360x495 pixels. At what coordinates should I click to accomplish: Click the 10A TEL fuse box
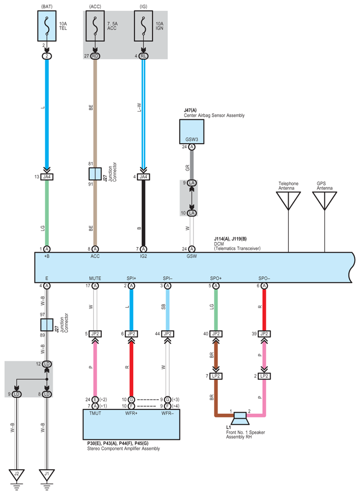pos(47,26)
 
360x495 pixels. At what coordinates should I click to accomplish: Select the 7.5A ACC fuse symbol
pos(95,26)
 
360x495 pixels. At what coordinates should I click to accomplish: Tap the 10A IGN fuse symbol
pos(144,26)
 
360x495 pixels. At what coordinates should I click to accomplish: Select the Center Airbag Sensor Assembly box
pos(192,132)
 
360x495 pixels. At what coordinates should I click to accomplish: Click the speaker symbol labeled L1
pos(240,418)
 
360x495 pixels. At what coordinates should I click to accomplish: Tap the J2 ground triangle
pos(17,475)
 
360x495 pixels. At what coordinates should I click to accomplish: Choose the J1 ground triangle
pos(47,475)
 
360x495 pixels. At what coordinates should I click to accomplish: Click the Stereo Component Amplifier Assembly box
pos(131,424)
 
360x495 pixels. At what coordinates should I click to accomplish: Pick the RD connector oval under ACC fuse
pos(95,56)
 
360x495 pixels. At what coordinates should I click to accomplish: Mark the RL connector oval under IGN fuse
pos(144,56)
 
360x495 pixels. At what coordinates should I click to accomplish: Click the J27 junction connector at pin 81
pos(95,174)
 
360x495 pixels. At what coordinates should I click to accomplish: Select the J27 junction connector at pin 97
pos(47,325)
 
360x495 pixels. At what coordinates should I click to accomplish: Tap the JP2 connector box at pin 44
pos(167,334)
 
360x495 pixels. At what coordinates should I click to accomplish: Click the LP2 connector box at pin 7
pos(216,376)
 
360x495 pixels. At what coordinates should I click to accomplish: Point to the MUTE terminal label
pos(95,278)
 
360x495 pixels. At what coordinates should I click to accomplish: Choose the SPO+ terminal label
pos(216,278)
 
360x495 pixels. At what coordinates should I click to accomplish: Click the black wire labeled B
pos(144,213)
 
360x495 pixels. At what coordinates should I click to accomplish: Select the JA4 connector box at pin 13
pos(47,177)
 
